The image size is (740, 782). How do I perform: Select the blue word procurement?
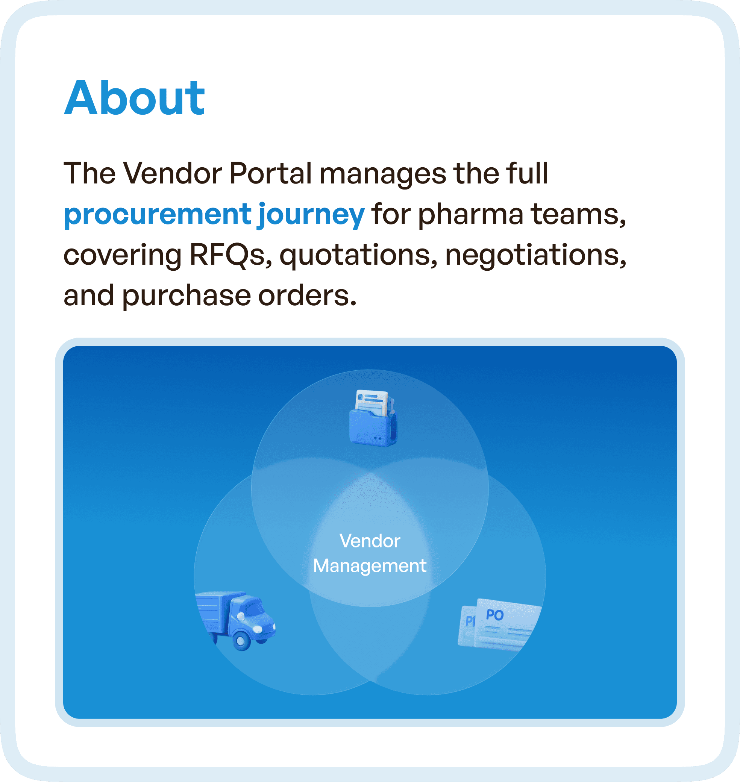[x=158, y=215]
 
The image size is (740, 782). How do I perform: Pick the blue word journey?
[x=311, y=215]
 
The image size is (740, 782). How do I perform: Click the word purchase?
[x=186, y=297]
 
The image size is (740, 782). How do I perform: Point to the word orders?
[x=307, y=296]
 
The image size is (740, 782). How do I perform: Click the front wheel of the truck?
[x=241, y=640]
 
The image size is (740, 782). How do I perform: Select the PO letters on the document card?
[x=494, y=615]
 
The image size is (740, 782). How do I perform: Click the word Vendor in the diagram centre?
[x=370, y=541]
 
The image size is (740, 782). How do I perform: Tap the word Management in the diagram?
[x=370, y=566]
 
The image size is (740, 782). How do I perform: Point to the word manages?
[x=382, y=174]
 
